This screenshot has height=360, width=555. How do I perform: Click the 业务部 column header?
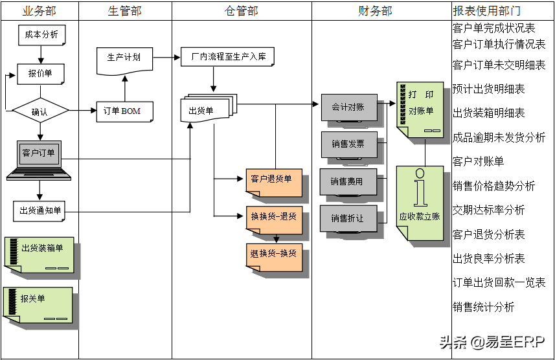point(39,11)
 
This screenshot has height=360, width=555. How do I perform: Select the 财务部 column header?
point(375,11)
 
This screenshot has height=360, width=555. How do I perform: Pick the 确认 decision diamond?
point(40,111)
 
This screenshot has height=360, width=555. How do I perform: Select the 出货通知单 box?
point(40,210)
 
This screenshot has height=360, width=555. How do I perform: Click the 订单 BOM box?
point(125,111)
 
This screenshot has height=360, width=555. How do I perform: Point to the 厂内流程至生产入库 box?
point(227,58)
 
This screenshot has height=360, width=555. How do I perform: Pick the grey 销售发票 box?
point(348,144)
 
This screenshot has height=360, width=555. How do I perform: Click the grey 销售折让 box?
point(348,219)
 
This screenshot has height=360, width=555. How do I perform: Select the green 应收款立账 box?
point(419,206)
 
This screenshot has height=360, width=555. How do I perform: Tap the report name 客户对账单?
point(479,161)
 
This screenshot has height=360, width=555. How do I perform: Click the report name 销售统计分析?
point(484,307)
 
